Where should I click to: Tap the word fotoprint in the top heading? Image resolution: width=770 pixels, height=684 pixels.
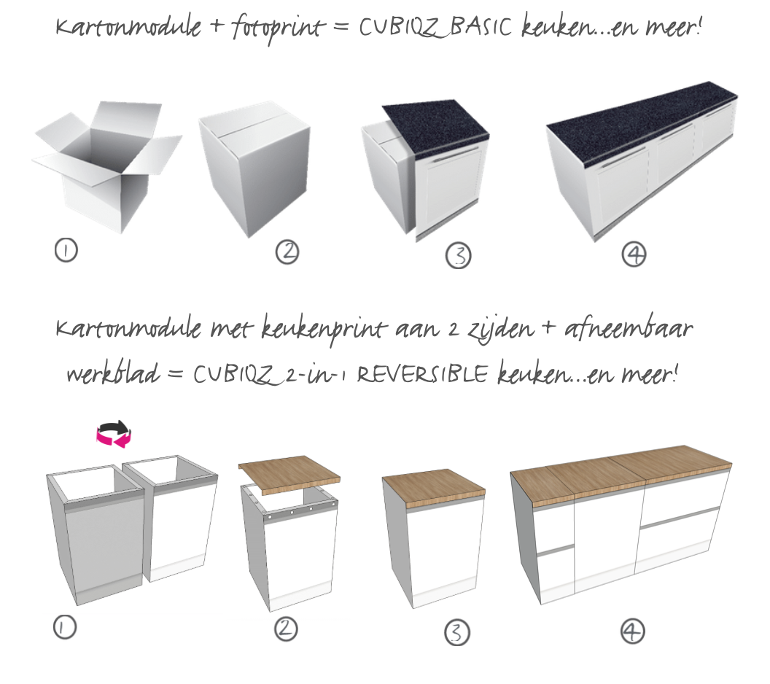pyautogui.click(x=278, y=28)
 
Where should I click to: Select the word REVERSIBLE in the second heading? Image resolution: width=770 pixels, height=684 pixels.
pyautogui.click(x=423, y=375)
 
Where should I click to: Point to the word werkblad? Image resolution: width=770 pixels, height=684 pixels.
pyautogui.click(x=114, y=373)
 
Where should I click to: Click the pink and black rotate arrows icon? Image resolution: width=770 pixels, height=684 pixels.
pyautogui.click(x=114, y=434)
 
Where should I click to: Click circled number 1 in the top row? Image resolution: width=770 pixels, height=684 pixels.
pyautogui.click(x=66, y=250)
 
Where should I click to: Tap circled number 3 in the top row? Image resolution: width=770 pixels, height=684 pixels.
pyautogui.click(x=458, y=255)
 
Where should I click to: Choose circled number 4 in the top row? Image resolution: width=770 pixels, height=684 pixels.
pyautogui.click(x=634, y=254)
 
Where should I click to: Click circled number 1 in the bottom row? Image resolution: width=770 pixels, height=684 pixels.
pyautogui.click(x=65, y=627)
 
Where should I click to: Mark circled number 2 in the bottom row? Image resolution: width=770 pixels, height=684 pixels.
pyautogui.click(x=286, y=629)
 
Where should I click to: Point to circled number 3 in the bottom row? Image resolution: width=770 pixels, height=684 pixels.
pyautogui.click(x=457, y=632)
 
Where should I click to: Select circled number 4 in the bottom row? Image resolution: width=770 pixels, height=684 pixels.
pyautogui.click(x=632, y=631)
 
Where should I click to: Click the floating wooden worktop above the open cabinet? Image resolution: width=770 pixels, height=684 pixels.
pyautogui.click(x=289, y=475)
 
